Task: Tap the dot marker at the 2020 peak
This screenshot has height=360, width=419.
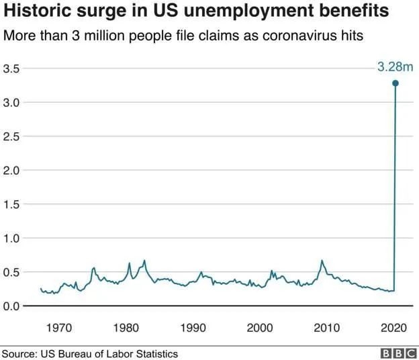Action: (x=395, y=83)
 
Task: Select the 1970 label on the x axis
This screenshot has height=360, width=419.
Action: (x=59, y=328)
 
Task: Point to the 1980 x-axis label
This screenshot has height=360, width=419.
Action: (x=126, y=328)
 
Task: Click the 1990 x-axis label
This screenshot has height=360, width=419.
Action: (x=193, y=328)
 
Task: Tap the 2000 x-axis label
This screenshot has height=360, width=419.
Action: (x=260, y=328)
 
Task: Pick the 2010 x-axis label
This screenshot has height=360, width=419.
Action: (x=327, y=328)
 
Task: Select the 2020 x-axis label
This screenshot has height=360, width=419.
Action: (x=393, y=328)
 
